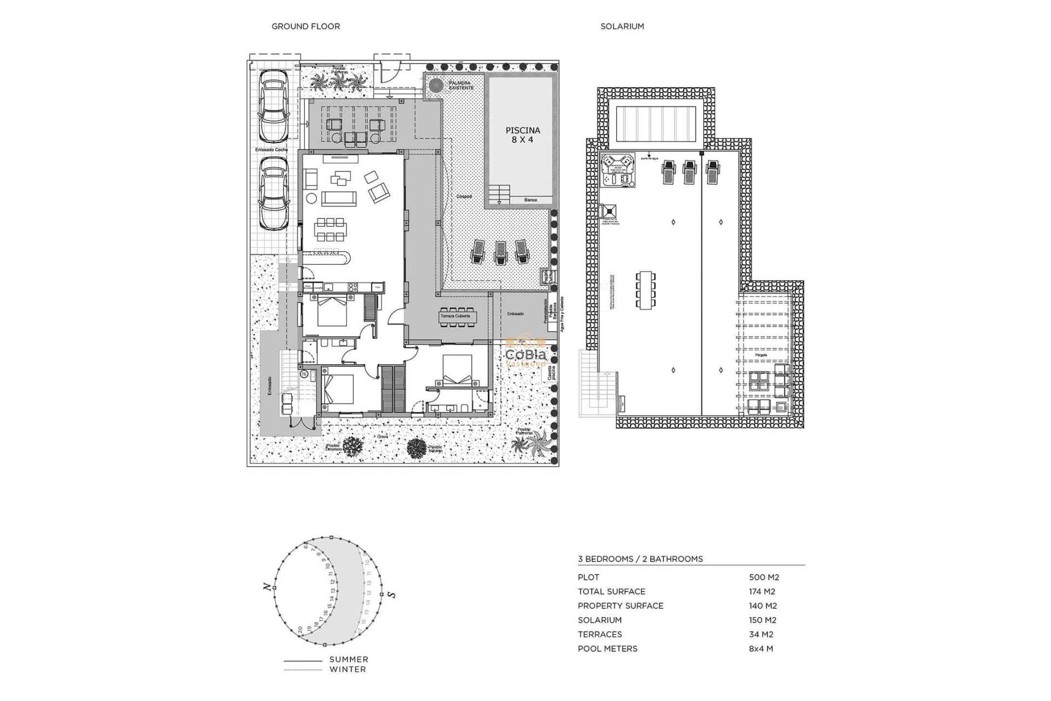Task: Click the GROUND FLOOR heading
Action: tap(305, 26)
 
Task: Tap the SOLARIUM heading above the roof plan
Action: tap(622, 26)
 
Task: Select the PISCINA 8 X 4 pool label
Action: tap(522, 135)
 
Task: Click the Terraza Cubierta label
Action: tap(455, 316)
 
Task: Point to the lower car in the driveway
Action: tap(273, 193)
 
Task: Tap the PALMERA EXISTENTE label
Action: tap(461, 85)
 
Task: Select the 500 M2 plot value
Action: tap(764, 577)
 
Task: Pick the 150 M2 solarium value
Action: tap(763, 620)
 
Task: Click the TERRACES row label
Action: tap(599, 634)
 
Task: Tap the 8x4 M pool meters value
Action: tap(760, 648)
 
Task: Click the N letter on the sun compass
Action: tap(267, 588)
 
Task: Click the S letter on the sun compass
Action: tap(391, 594)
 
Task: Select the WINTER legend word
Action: tap(348, 669)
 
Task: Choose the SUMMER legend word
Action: tap(349, 659)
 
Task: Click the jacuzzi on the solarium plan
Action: tap(617, 170)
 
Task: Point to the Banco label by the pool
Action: tap(530, 200)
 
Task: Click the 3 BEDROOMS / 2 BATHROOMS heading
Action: tap(640, 559)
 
